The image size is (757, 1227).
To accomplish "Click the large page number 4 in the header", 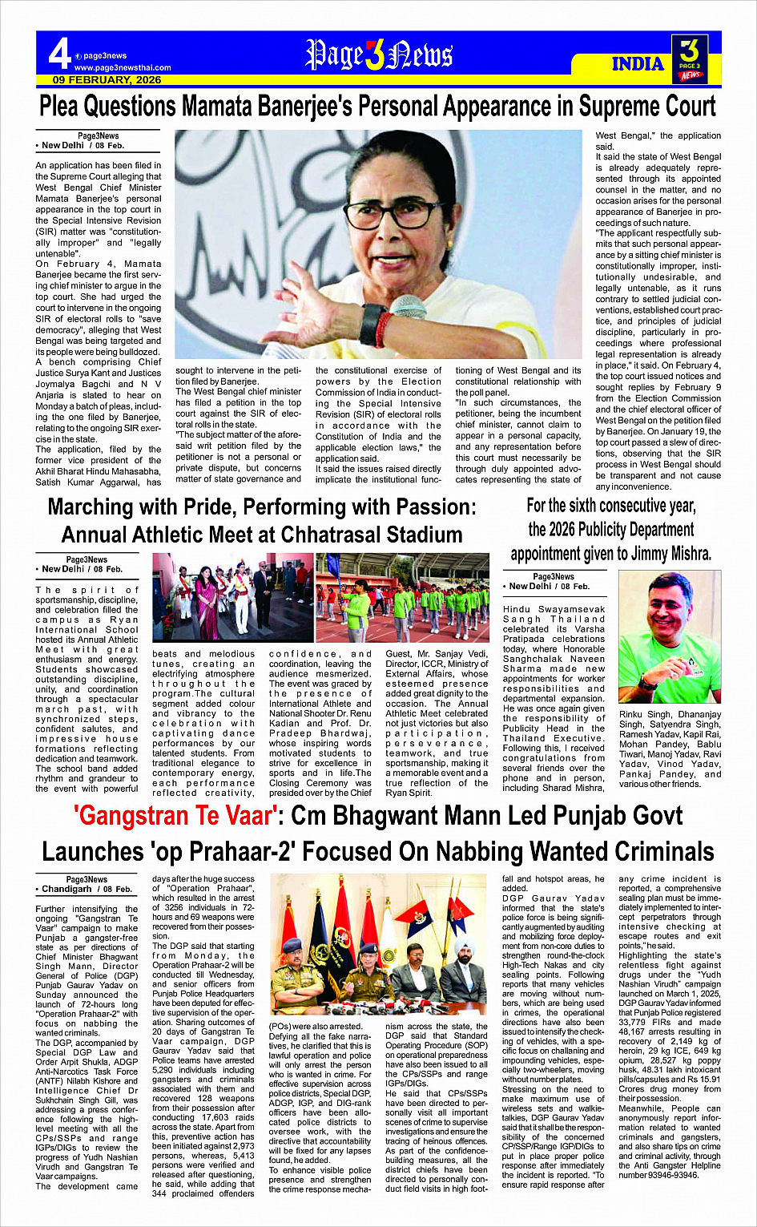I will click(x=58, y=54).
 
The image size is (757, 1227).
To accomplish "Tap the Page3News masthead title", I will click(x=379, y=54).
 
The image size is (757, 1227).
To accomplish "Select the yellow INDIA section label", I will click(x=638, y=64).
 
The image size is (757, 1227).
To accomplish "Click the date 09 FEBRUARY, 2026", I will click(x=107, y=80).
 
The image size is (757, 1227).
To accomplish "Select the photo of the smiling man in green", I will click(x=669, y=636).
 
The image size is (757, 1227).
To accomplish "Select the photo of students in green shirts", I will click(x=402, y=597).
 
